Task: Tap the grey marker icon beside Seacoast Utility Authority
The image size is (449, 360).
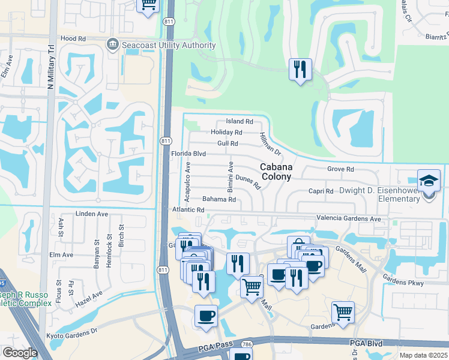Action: (112, 44)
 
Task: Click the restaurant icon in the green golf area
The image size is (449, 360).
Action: (299, 69)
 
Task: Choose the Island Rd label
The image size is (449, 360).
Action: (240, 122)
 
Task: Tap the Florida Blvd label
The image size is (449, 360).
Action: (188, 154)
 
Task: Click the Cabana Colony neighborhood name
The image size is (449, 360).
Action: (276, 172)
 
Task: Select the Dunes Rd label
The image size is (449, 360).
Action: (248, 182)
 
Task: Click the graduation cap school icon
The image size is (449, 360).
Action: (429, 179)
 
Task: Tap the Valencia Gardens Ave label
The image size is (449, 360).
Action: (349, 219)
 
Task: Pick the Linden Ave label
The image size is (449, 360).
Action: (92, 214)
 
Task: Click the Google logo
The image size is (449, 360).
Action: (20, 352)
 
